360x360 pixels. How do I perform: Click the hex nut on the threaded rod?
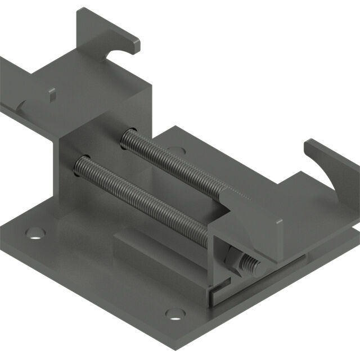(232, 260)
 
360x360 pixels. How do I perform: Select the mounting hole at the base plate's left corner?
(35, 231)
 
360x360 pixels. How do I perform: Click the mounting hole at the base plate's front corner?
(175, 313)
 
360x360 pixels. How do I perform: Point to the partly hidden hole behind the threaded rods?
(175, 150)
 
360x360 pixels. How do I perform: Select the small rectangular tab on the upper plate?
(52, 93)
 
